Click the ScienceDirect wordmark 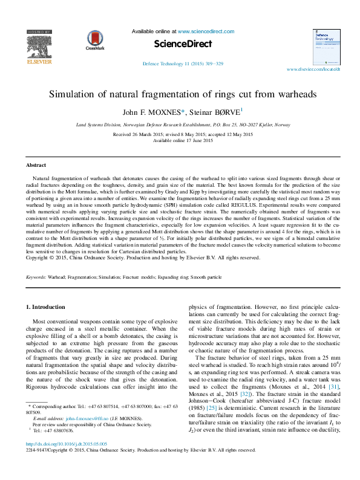pyautogui.click(x=183, y=44)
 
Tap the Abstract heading pyautogui.click(x=36, y=165)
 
